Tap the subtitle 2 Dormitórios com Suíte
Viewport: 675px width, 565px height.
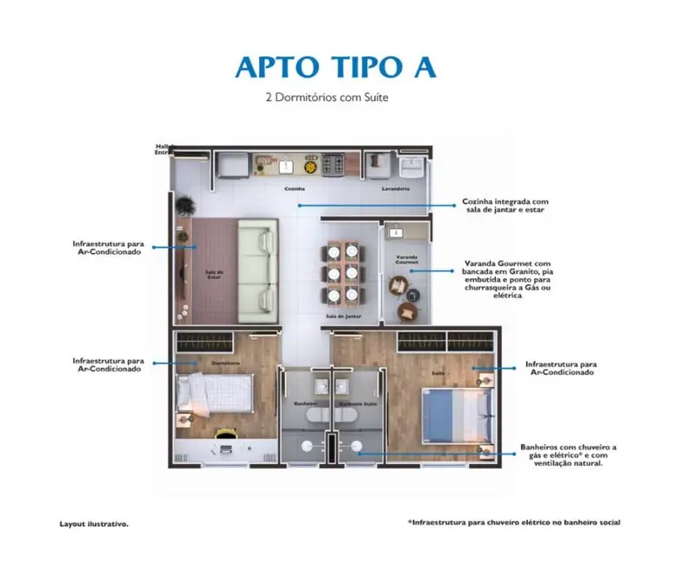tap(326, 98)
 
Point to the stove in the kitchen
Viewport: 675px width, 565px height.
tap(333, 163)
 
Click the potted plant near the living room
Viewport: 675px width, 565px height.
tap(184, 205)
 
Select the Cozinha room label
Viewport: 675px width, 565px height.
tap(294, 188)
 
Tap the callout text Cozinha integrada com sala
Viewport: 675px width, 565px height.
tap(505, 205)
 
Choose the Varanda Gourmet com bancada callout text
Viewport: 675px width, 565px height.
tap(507, 278)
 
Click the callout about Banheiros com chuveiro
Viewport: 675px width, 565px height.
tap(569, 454)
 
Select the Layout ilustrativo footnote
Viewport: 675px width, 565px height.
tap(94, 524)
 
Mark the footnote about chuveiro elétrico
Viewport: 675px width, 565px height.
tap(513, 522)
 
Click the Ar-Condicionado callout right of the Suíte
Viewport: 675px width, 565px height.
tap(558, 368)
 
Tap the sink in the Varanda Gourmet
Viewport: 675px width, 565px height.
tap(396, 232)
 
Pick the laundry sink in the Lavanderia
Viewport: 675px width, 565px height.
tap(410, 164)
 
